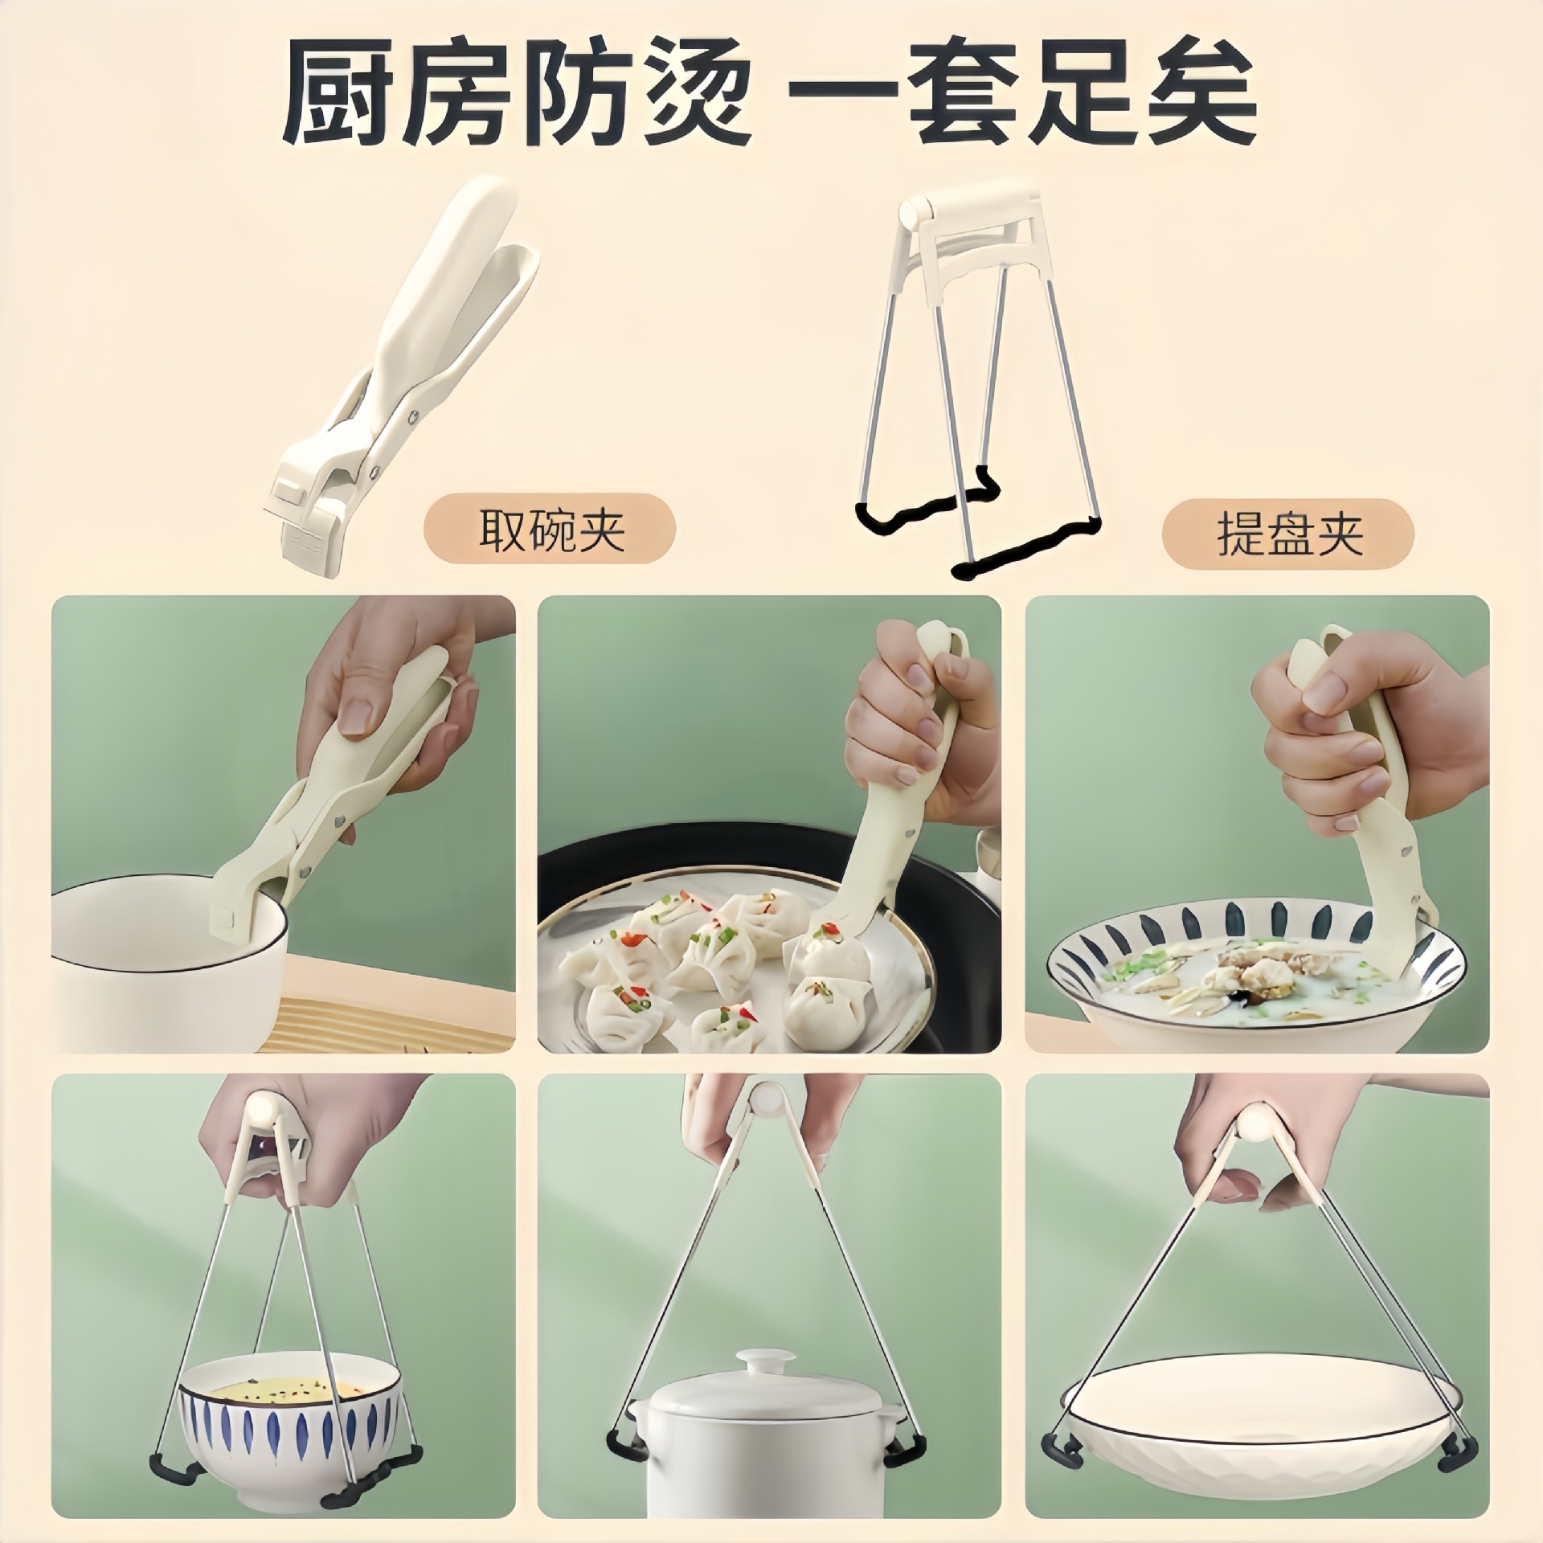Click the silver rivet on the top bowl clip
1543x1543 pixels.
click(x=411, y=415)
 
